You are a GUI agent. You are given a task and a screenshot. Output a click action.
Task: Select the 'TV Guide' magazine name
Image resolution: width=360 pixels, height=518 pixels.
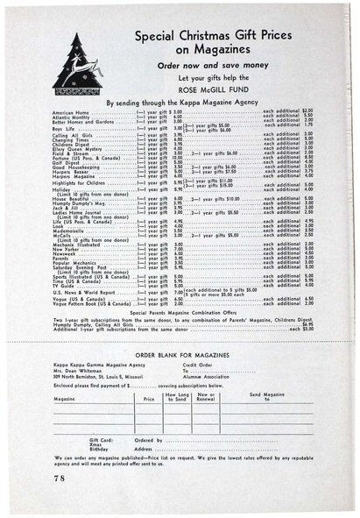[x=64, y=287]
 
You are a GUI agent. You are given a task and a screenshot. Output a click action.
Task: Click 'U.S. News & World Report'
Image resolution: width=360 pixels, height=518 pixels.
[x=83, y=294]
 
